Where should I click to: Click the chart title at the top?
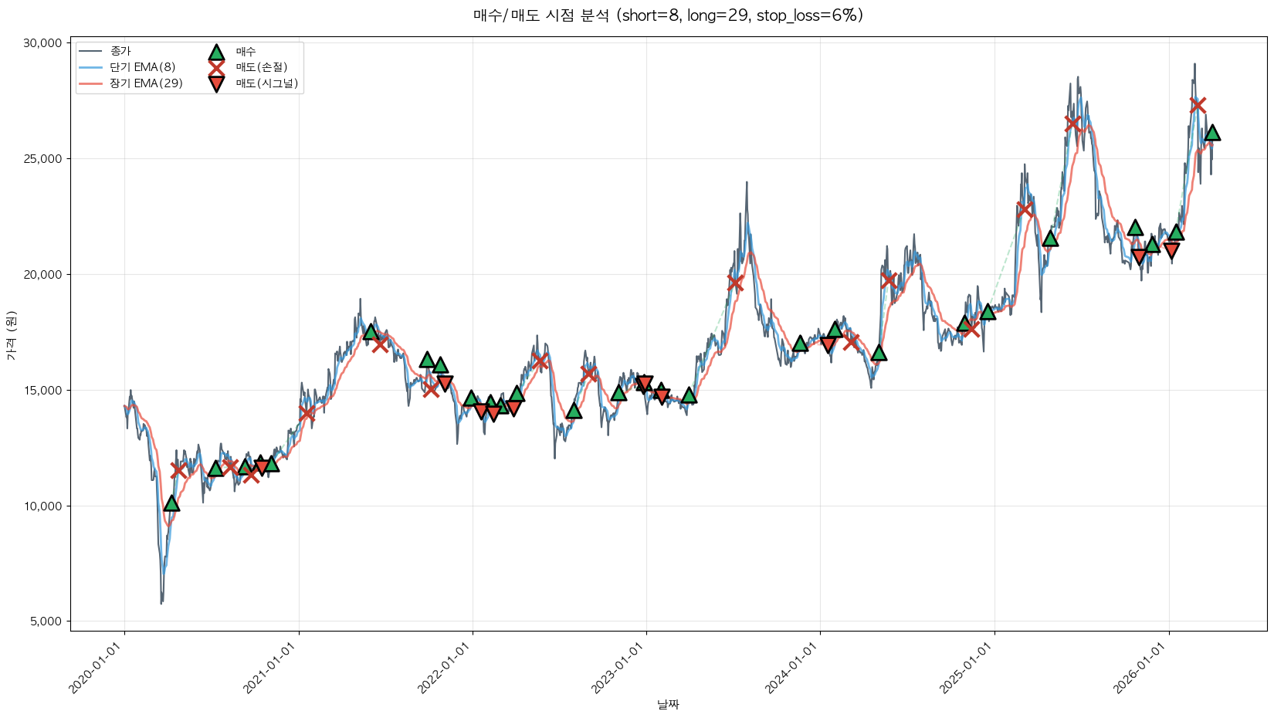click(x=668, y=15)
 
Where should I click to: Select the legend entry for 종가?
click(x=120, y=51)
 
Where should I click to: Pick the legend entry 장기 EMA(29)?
click(x=146, y=83)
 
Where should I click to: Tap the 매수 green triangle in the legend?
click(x=216, y=52)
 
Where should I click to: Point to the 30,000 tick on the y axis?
click(x=42, y=43)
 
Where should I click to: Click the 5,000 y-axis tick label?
click(x=46, y=621)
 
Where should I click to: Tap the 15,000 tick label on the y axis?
click(x=42, y=391)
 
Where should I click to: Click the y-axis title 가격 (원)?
click(x=11, y=337)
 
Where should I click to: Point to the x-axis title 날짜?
click(x=668, y=704)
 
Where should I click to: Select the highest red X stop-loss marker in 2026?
click(x=1198, y=105)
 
